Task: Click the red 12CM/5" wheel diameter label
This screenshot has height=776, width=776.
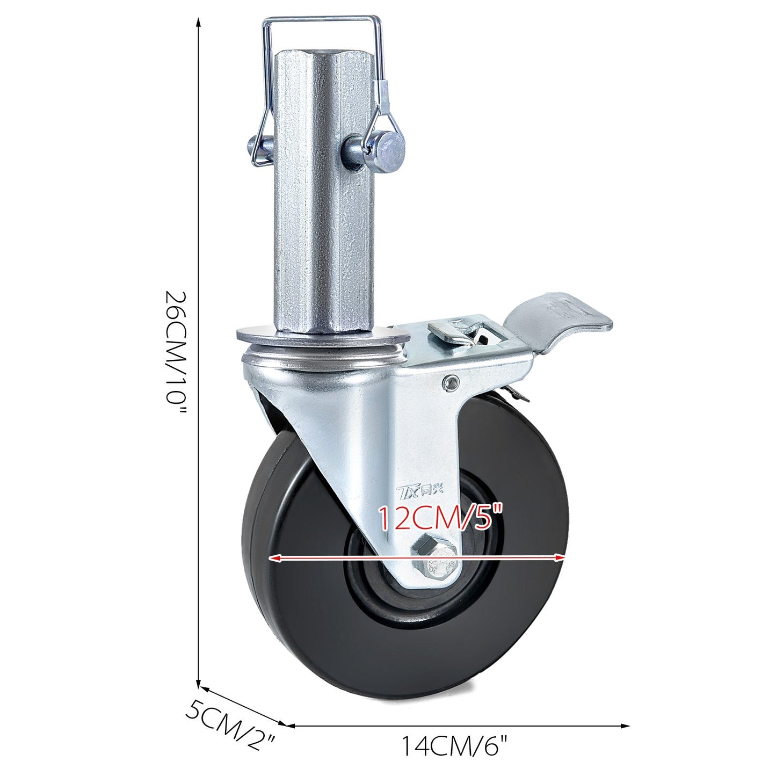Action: pos(440,517)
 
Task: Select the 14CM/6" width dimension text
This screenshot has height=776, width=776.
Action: pos(455,746)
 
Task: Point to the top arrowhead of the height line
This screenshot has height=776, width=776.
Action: pos(199,21)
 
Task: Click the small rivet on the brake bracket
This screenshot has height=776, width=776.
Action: pos(450,382)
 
